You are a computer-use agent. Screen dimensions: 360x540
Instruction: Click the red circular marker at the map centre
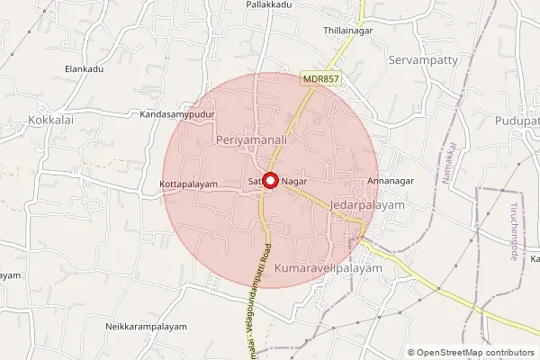tap(270, 180)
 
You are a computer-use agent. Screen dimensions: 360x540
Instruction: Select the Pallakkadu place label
tap(270, 5)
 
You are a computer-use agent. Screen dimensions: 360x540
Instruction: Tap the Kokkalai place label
tap(51, 119)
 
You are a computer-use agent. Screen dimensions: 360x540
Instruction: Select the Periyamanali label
tap(252, 141)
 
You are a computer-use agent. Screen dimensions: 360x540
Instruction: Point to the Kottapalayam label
tap(189, 184)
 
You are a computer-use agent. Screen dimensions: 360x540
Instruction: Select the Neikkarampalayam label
tap(145, 326)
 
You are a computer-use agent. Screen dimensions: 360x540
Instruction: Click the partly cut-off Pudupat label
tap(517, 121)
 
